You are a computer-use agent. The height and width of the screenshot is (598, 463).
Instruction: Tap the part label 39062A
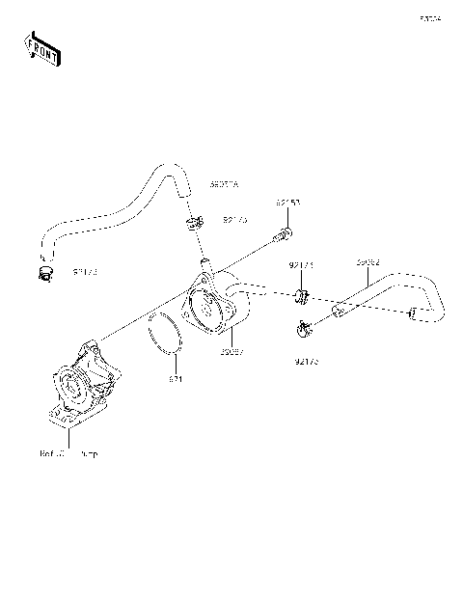pyautogui.click(x=225, y=183)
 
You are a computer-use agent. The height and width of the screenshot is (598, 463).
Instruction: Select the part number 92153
pyautogui.click(x=287, y=204)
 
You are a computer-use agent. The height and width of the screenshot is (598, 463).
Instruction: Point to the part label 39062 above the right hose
pyautogui.click(x=367, y=261)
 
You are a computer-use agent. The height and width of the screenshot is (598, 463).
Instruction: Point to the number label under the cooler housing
pyautogui.click(x=231, y=354)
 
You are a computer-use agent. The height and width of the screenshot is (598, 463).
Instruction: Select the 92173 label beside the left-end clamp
pyautogui.click(x=85, y=273)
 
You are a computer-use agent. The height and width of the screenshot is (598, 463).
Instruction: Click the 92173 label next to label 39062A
pyautogui.click(x=235, y=220)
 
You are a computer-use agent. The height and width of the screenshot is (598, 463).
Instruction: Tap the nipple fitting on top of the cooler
pyautogui.click(x=204, y=262)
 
